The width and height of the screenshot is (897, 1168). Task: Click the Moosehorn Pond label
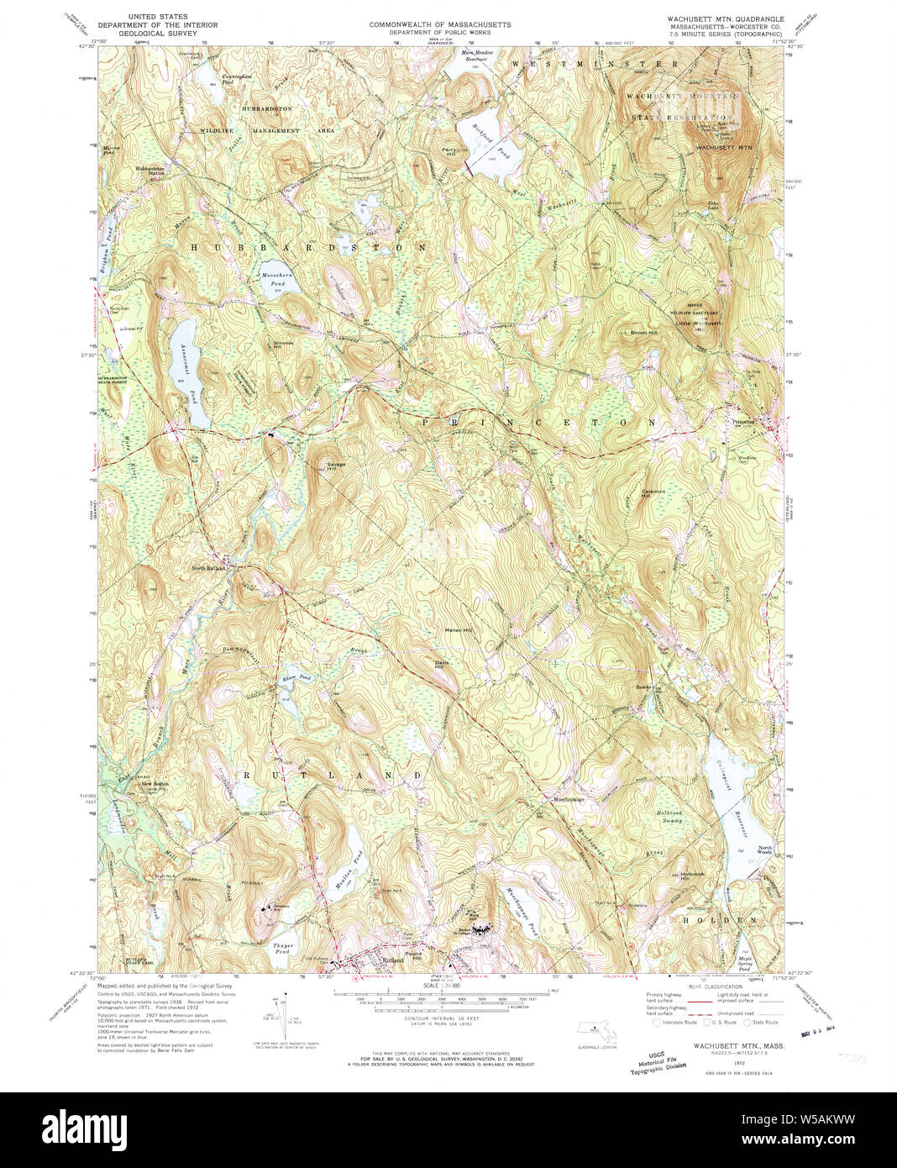pyautogui.click(x=274, y=280)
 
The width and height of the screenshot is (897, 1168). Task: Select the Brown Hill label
pyautogui.click(x=643, y=334)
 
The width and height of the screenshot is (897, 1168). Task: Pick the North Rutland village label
pyautogui.click(x=209, y=568)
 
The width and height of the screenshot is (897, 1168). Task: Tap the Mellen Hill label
pyautogui.click(x=459, y=630)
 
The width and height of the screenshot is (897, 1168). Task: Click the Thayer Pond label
pyautogui.click(x=282, y=949)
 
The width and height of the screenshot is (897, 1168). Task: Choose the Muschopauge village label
pyautogui.click(x=568, y=799)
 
